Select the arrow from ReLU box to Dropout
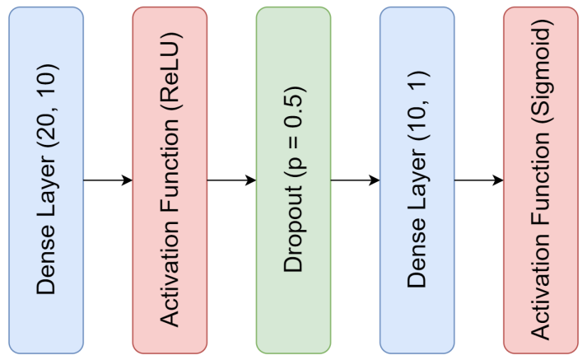tap(231, 180)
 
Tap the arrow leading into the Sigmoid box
tap(478, 180)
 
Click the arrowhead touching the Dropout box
tap(250, 180)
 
